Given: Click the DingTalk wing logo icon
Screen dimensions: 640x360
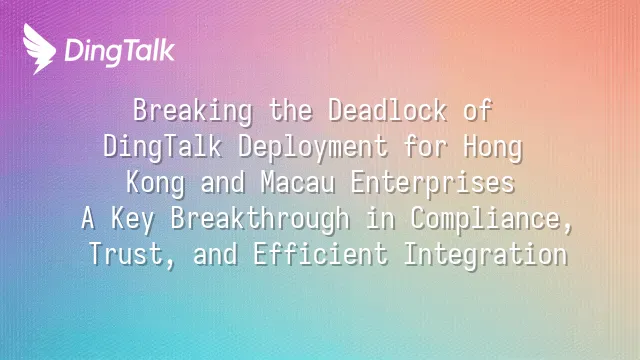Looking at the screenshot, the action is tap(39, 49).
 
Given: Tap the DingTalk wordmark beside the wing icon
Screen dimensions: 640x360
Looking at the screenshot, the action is tap(120, 52).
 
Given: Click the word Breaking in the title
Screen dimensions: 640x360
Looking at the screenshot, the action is tap(193, 111).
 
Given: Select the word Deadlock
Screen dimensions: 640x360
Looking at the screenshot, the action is tap(387, 110).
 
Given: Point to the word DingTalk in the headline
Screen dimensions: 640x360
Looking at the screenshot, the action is tap(162, 147).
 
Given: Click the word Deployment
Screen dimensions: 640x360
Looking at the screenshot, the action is tap(313, 147).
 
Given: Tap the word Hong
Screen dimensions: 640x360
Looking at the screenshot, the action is tap(493, 147).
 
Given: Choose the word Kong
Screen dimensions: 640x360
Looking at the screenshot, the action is tap(155, 183).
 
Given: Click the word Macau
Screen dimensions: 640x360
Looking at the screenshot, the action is tap(298, 182).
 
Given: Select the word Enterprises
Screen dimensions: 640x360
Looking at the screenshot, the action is tap(433, 183).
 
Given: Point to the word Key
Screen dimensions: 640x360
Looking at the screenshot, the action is tap(133, 219).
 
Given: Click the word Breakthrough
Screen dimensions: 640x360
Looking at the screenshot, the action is tap(260, 219).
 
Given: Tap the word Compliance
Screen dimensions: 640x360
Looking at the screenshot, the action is tap(491, 219).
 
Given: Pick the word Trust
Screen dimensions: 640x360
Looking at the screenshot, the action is tap(131, 255).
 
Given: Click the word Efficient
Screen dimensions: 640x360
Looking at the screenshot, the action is tap(320, 254).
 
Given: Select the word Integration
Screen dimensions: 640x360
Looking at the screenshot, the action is tap(485, 255).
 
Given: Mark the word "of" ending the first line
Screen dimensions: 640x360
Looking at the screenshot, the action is tap(478, 110).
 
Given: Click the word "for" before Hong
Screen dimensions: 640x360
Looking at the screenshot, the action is tap(426, 146).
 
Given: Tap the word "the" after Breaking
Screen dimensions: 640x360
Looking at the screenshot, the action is tap(291, 110).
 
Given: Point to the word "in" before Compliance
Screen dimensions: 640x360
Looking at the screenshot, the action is tap(380, 218).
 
